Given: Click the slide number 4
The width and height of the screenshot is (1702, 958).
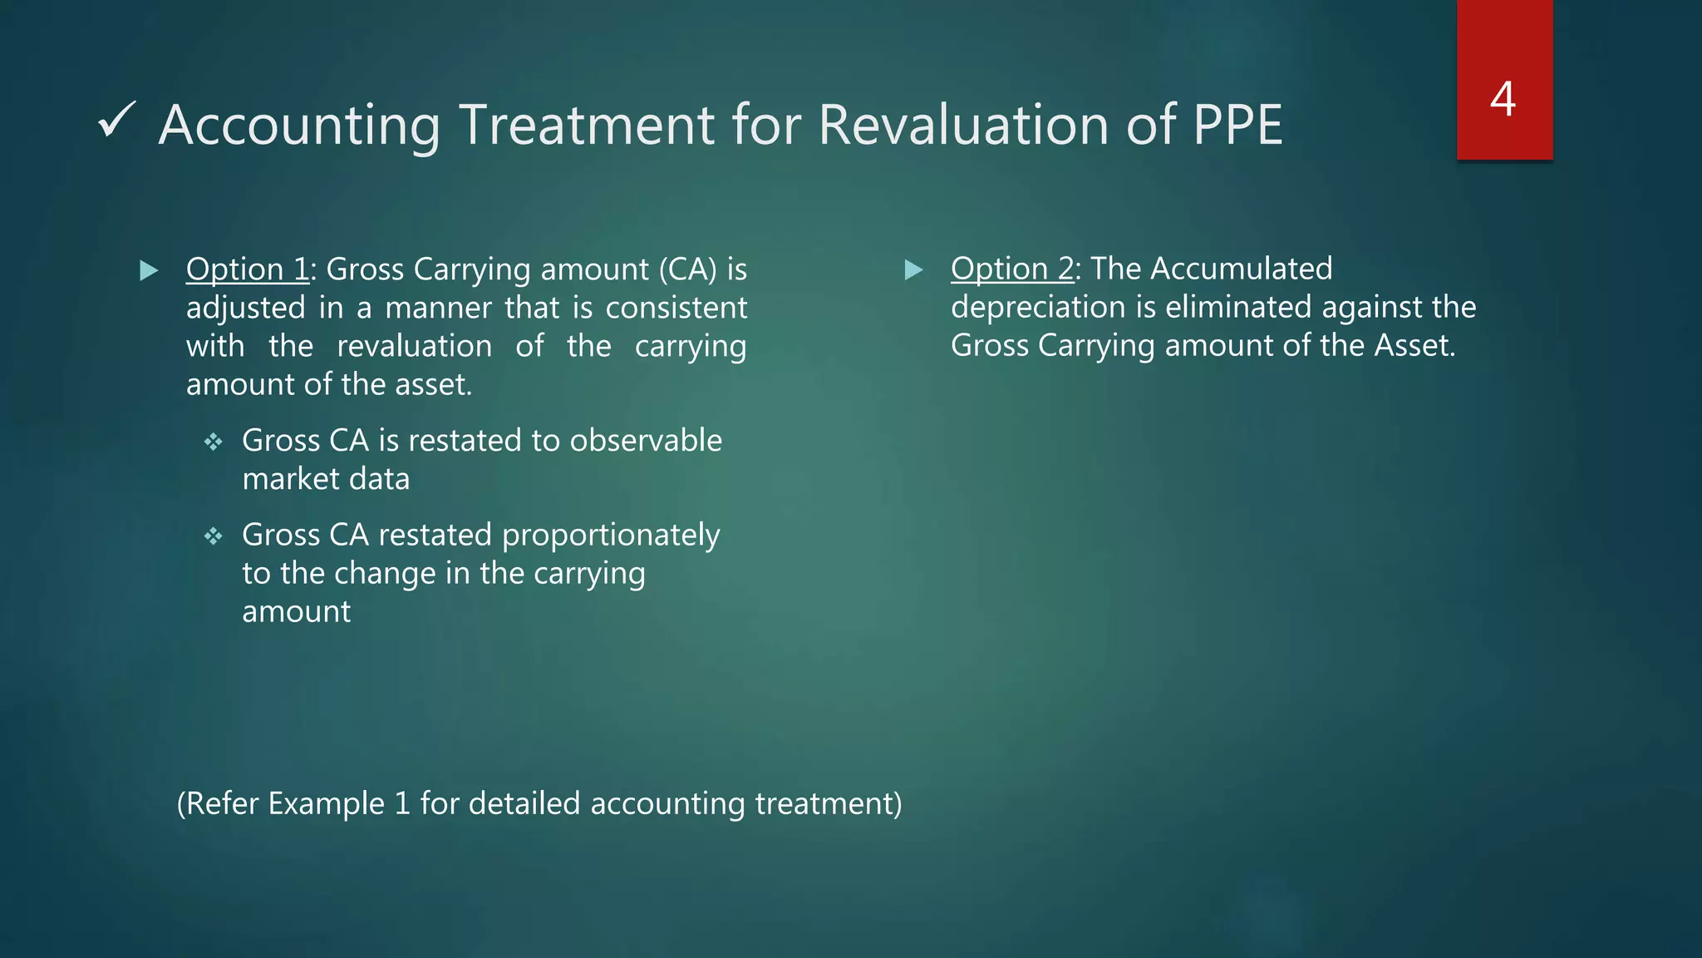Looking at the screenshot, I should [x=1503, y=99].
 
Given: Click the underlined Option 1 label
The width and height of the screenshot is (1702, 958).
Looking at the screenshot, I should [x=248, y=269].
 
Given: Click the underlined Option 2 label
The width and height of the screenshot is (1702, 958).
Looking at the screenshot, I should [x=1012, y=269].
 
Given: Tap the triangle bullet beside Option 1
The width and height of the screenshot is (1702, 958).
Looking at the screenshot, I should [x=149, y=270].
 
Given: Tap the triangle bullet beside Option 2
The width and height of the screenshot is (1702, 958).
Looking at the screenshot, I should [x=913, y=269].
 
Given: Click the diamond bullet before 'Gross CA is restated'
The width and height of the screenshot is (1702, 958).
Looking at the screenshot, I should [x=214, y=442].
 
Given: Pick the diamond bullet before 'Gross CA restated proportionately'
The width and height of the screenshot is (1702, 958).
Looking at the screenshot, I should [x=214, y=536].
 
